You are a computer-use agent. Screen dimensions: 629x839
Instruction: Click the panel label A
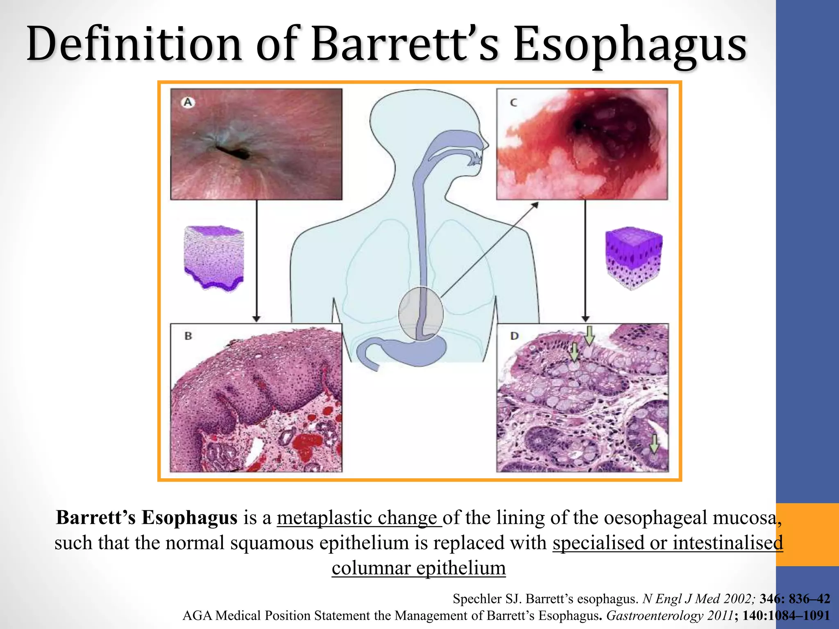tap(188, 102)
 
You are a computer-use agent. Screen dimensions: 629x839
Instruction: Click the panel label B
tap(188, 336)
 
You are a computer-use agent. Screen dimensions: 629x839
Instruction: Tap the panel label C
tap(513, 102)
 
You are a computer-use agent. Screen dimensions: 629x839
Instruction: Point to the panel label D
tap(515, 336)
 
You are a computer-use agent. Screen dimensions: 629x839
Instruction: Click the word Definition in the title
tap(135, 44)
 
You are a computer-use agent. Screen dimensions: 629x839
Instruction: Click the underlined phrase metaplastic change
tap(359, 518)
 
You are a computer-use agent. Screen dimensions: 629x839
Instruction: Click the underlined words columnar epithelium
tap(419, 568)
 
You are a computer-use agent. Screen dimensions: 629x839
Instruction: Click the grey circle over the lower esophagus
tap(421, 314)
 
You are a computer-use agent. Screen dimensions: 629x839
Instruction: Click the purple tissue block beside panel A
tap(214, 257)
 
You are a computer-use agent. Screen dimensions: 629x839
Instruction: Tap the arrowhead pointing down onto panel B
tap(256, 319)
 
